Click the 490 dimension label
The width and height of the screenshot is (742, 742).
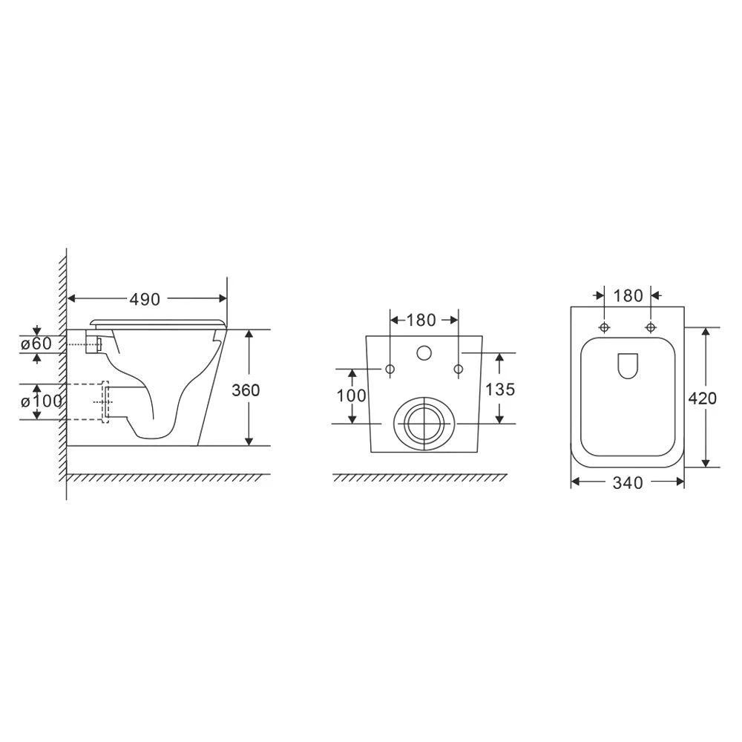tap(145, 299)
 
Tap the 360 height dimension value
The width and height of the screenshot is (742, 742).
tap(246, 390)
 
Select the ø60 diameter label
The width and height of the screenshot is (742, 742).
tap(36, 343)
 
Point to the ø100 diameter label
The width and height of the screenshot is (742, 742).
tap(42, 401)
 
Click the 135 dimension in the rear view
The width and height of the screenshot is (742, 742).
tap(500, 390)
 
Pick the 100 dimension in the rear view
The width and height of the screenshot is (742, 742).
tap(351, 395)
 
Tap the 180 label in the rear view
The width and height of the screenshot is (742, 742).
tap(421, 321)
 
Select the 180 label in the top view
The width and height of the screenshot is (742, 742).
tap(628, 296)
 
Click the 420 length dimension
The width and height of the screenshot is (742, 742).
tap(702, 398)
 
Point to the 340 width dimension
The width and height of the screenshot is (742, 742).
tap(628, 483)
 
